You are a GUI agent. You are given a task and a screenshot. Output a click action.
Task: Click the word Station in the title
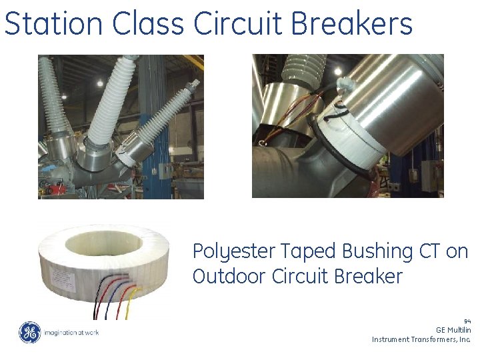click(54, 23)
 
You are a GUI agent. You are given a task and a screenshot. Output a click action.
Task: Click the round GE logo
click(29, 332)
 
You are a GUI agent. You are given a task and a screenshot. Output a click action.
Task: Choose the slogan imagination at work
click(71, 332)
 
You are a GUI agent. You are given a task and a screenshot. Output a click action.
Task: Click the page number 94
click(467, 321)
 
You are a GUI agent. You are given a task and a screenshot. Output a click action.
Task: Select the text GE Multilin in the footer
click(453, 329)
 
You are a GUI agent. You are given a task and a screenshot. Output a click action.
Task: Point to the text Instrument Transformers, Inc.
click(421, 339)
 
